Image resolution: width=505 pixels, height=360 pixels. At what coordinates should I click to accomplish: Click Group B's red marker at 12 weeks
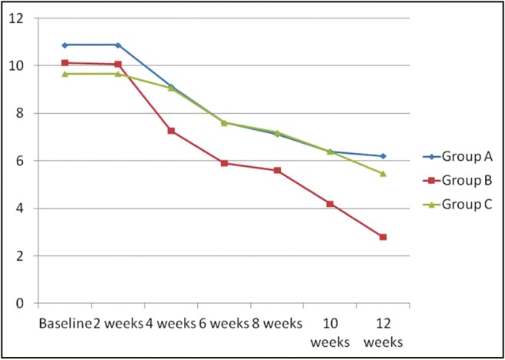pos(383,237)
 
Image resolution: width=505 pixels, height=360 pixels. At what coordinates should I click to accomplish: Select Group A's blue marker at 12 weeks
pos(383,156)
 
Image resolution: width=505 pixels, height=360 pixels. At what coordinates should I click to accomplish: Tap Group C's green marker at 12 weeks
pos(383,173)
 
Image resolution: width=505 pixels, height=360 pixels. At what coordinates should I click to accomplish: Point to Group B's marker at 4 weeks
pos(171,131)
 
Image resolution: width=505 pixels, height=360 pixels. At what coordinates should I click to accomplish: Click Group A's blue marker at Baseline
pos(65,45)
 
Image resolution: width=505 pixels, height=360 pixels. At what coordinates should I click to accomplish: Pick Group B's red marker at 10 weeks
pos(329,204)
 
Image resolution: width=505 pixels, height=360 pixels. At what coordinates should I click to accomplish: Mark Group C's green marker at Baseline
pos(65,74)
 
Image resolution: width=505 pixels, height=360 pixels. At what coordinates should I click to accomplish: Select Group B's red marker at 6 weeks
pos(224,163)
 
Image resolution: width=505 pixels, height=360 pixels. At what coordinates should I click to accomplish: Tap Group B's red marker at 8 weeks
pos(277,170)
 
